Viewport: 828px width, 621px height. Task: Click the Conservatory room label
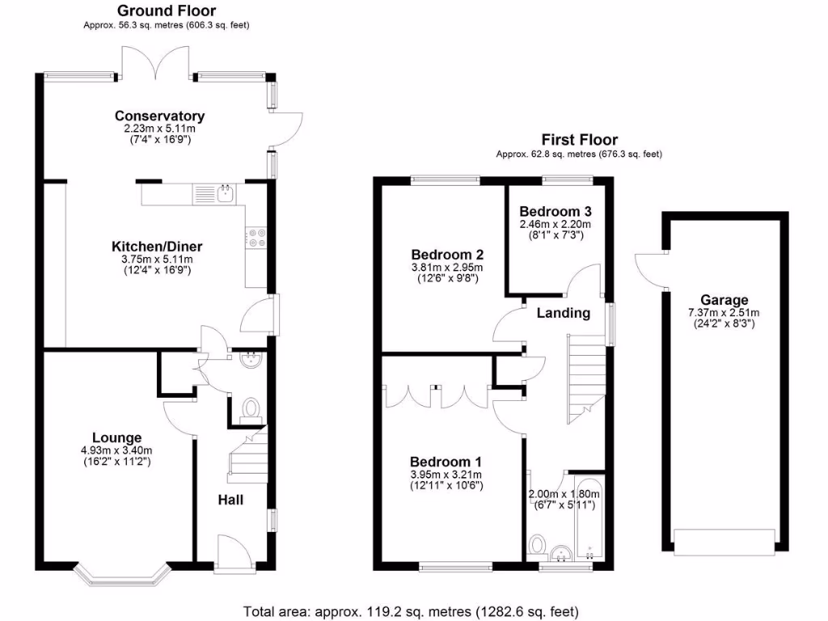pos(159,116)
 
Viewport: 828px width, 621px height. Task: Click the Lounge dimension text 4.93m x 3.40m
pos(116,451)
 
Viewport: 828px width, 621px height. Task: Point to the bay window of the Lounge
pos(120,572)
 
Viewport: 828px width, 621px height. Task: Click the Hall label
pos(230,500)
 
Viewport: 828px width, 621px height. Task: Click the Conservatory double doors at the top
pos(158,61)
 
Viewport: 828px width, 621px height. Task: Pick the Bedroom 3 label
pos(554,210)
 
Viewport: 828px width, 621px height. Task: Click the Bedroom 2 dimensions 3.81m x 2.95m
pos(446,268)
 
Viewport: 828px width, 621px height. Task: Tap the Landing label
pos(564,313)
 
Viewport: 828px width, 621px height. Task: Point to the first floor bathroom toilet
pos(536,545)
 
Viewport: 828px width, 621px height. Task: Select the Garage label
pos(724,300)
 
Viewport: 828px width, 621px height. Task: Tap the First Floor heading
pos(579,141)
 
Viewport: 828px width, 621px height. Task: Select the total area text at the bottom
pos(411,611)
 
